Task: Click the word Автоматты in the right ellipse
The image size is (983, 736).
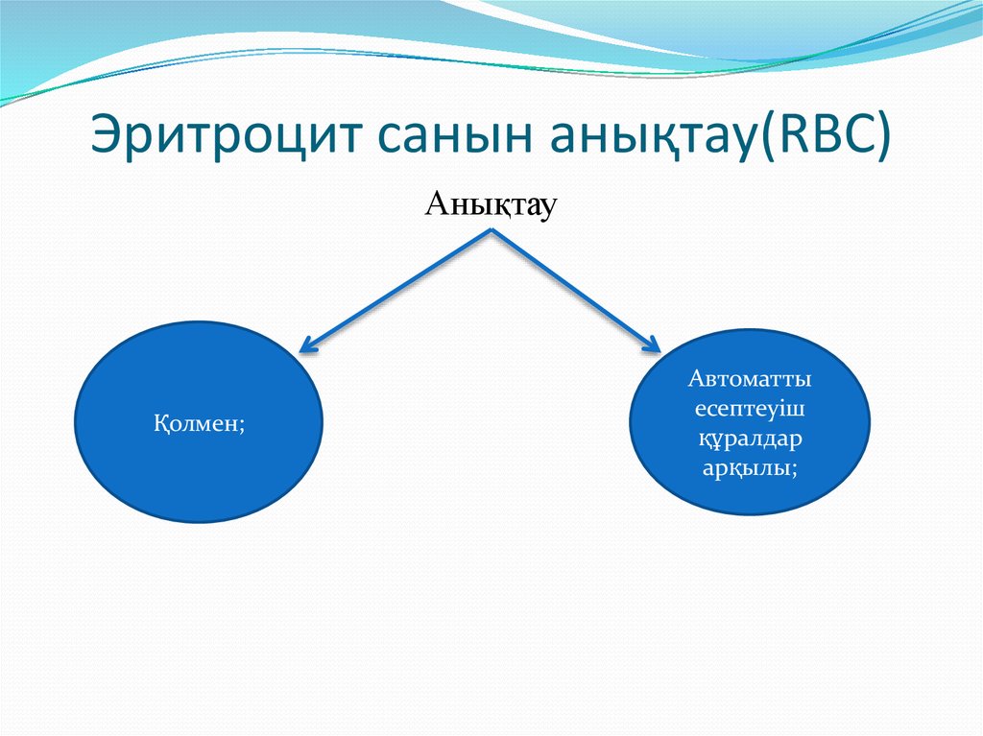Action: tap(749, 377)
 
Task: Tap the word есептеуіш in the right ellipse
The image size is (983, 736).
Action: tap(749, 408)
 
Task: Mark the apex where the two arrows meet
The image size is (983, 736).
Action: tap(493, 231)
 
